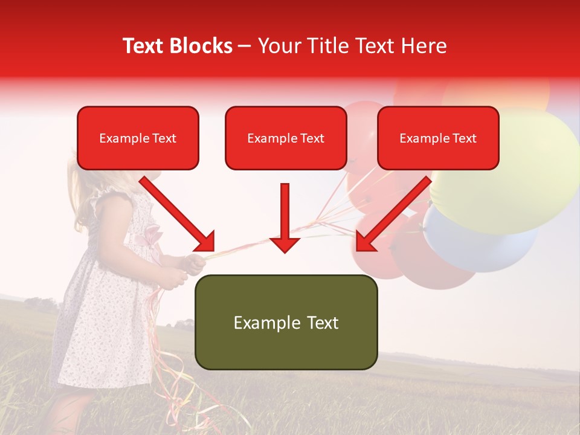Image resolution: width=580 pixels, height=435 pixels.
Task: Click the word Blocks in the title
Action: (x=202, y=46)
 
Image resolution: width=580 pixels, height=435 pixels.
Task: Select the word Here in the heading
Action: (x=424, y=46)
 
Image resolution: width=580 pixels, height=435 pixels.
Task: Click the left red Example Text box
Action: (x=138, y=138)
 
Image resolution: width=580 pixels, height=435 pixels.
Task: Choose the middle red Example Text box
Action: (x=286, y=138)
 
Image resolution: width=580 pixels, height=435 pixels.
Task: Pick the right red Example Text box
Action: (x=438, y=138)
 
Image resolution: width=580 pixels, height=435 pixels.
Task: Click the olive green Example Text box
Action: (x=286, y=322)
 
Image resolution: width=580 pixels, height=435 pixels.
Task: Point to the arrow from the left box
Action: (x=176, y=213)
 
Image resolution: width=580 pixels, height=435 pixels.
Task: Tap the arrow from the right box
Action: (x=394, y=213)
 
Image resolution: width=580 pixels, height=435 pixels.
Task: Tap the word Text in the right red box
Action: (x=464, y=138)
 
